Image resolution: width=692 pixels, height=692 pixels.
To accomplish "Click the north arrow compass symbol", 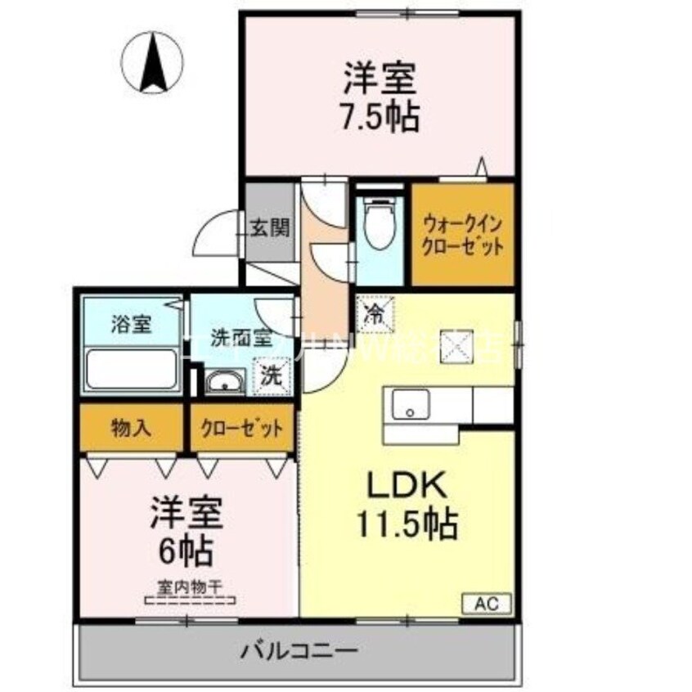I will coord(152,61).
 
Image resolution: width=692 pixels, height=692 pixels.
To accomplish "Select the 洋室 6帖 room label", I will coord(185,532).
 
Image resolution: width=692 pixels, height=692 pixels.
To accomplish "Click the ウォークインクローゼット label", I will coord(462,235).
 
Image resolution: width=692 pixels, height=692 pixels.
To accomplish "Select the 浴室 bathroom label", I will coord(132,324).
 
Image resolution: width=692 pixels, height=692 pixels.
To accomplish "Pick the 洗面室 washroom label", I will coord(228,336).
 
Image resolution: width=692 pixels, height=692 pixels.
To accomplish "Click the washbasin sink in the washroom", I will coord(224,380).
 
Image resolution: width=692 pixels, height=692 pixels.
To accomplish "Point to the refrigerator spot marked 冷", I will coord(374,312).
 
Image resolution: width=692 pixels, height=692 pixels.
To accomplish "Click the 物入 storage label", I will coord(130,427).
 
